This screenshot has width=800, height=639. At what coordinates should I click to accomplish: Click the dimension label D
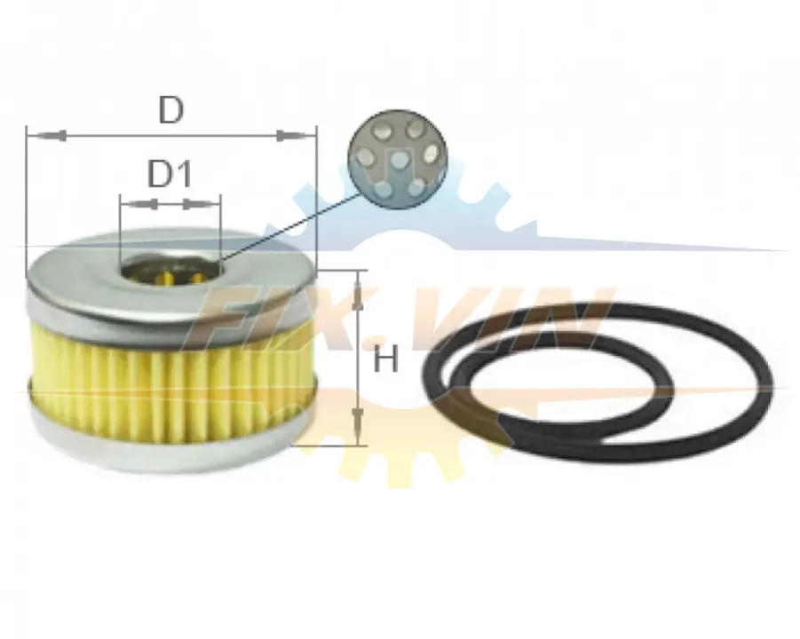pyautogui.click(x=170, y=109)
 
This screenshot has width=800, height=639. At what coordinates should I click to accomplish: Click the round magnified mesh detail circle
pyautogui.click(x=398, y=159)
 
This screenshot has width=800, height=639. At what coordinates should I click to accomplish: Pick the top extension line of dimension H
pyautogui.click(x=342, y=271)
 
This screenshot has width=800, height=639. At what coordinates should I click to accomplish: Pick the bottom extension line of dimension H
pyautogui.click(x=330, y=446)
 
